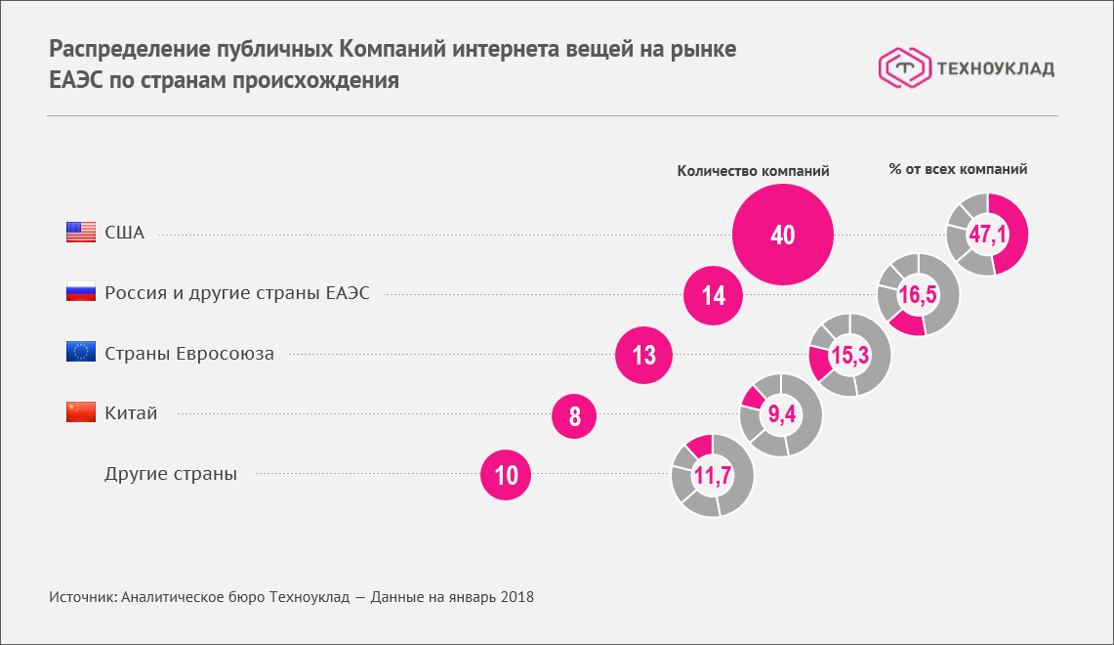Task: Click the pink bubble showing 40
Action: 783,236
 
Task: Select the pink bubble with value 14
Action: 714,295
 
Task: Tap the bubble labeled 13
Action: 644,355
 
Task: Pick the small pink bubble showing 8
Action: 575,416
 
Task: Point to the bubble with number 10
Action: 506,476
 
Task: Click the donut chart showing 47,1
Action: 987,235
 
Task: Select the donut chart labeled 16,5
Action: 919,294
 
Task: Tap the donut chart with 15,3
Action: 849,355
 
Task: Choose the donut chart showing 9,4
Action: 781,415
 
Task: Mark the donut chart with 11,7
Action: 712,476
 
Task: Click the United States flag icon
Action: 80,233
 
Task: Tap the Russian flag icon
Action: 80,292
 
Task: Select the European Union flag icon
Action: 80,353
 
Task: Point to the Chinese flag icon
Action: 80,412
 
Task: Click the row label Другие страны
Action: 171,474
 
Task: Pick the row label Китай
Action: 131,413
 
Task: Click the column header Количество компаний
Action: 753,170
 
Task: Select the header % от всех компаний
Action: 958,169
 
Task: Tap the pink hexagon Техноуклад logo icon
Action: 903,67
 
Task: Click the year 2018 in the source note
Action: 516,596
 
